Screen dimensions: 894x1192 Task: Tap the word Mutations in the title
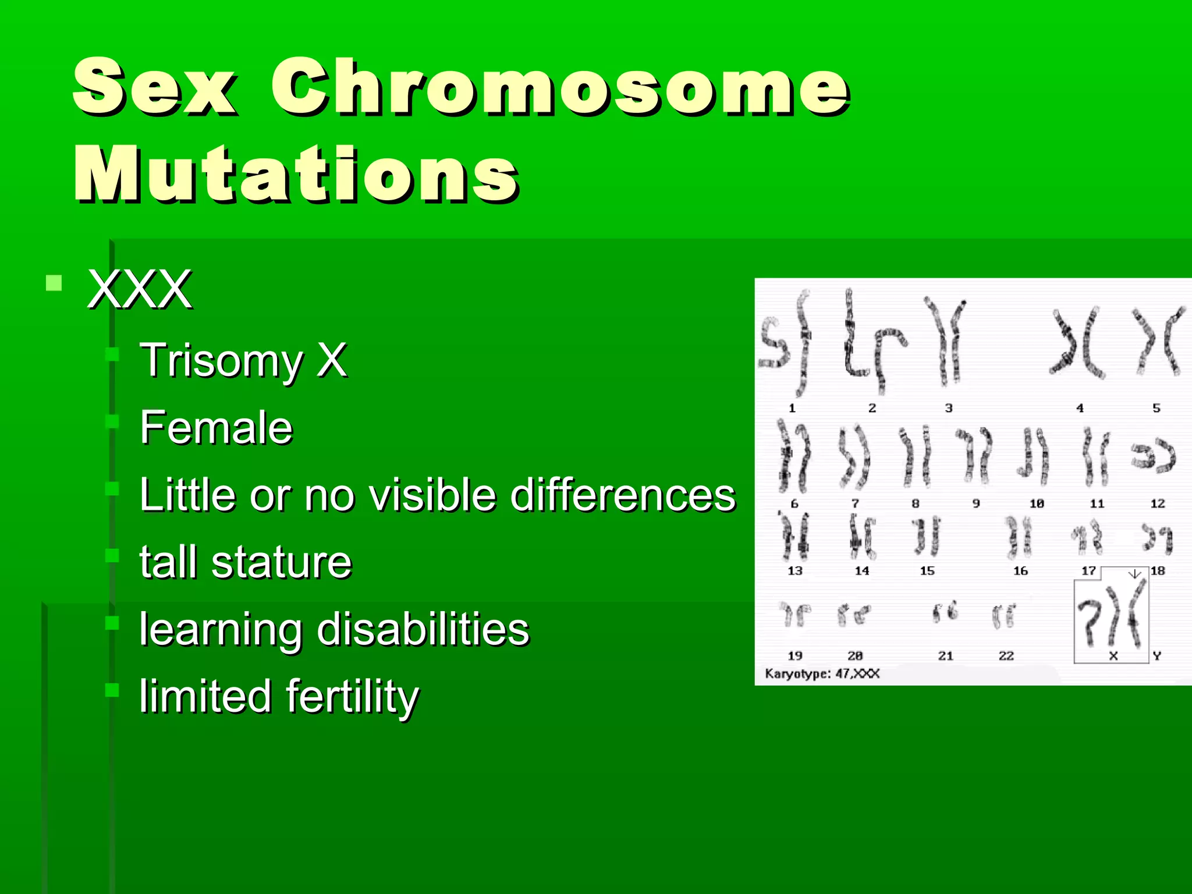296,175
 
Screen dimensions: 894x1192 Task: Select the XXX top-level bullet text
140,289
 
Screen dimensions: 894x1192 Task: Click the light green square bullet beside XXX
54,283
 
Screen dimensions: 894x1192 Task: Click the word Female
216,428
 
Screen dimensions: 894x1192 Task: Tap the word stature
282,563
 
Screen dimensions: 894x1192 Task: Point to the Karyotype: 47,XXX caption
822,674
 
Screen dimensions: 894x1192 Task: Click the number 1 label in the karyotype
792,409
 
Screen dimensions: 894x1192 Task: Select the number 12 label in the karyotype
1157,503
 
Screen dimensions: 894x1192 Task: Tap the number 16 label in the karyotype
1020,571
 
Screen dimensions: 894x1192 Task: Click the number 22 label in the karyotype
1006,656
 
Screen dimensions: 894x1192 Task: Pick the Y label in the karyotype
1156,656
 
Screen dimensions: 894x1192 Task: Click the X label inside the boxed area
1113,656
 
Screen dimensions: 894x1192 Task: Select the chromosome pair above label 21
945,612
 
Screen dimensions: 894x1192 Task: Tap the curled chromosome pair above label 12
1153,456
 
